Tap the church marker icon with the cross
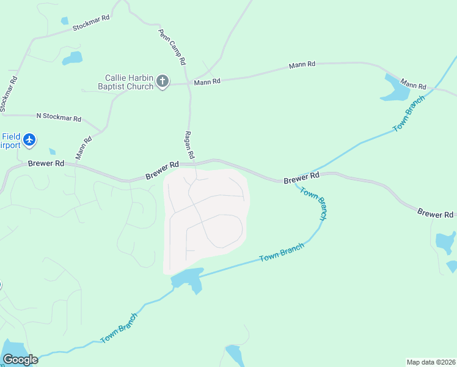click(x=163, y=81)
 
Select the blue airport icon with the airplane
click(x=29, y=140)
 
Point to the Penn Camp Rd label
click(x=172, y=47)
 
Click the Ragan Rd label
click(x=189, y=145)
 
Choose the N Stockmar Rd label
click(x=59, y=117)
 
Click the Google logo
click(x=20, y=360)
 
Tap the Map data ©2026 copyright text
click(x=431, y=362)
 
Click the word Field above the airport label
click(x=10, y=136)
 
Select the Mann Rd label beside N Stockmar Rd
click(x=83, y=147)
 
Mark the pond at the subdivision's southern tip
click(x=188, y=279)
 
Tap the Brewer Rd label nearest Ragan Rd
click(x=162, y=171)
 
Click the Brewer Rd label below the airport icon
click(x=46, y=164)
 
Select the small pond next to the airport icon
click(x=52, y=151)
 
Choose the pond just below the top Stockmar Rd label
click(x=73, y=58)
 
